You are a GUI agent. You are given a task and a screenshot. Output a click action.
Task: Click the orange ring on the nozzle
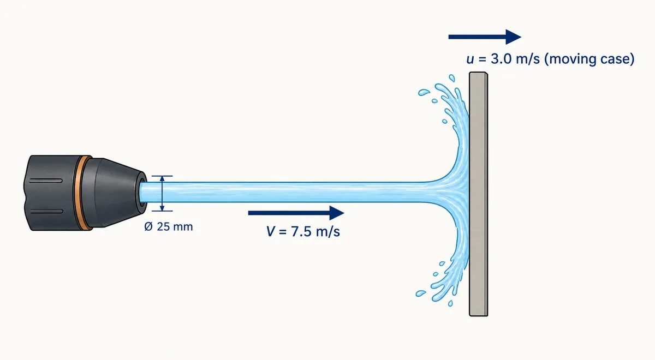pos(80,193)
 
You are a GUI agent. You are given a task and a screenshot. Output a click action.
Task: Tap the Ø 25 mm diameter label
pos(169,227)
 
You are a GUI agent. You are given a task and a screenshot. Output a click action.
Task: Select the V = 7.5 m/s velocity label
pos(303,232)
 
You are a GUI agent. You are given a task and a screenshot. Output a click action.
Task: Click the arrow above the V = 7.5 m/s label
pos(296,213)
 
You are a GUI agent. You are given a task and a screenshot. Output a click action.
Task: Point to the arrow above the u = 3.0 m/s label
pos(485,37)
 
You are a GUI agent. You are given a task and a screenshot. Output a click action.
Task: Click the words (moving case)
pos(589,59)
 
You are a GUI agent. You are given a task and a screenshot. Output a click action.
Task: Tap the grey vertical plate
pos(478,194)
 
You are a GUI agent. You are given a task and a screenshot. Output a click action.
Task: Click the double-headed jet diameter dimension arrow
pos(162,194)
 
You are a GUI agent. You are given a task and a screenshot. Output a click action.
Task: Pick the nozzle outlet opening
pos(143,191)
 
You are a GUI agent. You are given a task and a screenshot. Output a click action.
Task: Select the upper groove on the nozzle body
pos(46,181)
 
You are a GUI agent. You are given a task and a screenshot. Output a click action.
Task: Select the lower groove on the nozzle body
pos(46,211)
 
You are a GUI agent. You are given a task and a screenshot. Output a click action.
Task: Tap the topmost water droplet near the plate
pos(452,78)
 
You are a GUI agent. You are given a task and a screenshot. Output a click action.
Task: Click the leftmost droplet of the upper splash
pos(423,92)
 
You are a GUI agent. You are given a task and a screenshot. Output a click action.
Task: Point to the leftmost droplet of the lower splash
pos(421,293)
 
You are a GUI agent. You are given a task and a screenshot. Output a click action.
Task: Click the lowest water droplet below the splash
pos(450,303)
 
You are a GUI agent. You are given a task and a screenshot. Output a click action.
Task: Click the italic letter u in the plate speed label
pos(470,59)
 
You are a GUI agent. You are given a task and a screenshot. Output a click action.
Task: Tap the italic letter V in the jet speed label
pos(271,232)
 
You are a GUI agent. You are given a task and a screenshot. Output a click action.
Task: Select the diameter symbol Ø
pos(148,227)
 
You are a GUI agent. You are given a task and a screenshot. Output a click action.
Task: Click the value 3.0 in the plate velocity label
pos(501,59)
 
